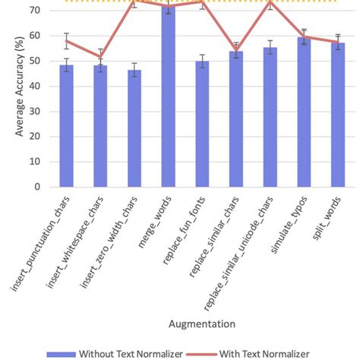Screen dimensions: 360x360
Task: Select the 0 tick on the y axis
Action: (x=36, y=187)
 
